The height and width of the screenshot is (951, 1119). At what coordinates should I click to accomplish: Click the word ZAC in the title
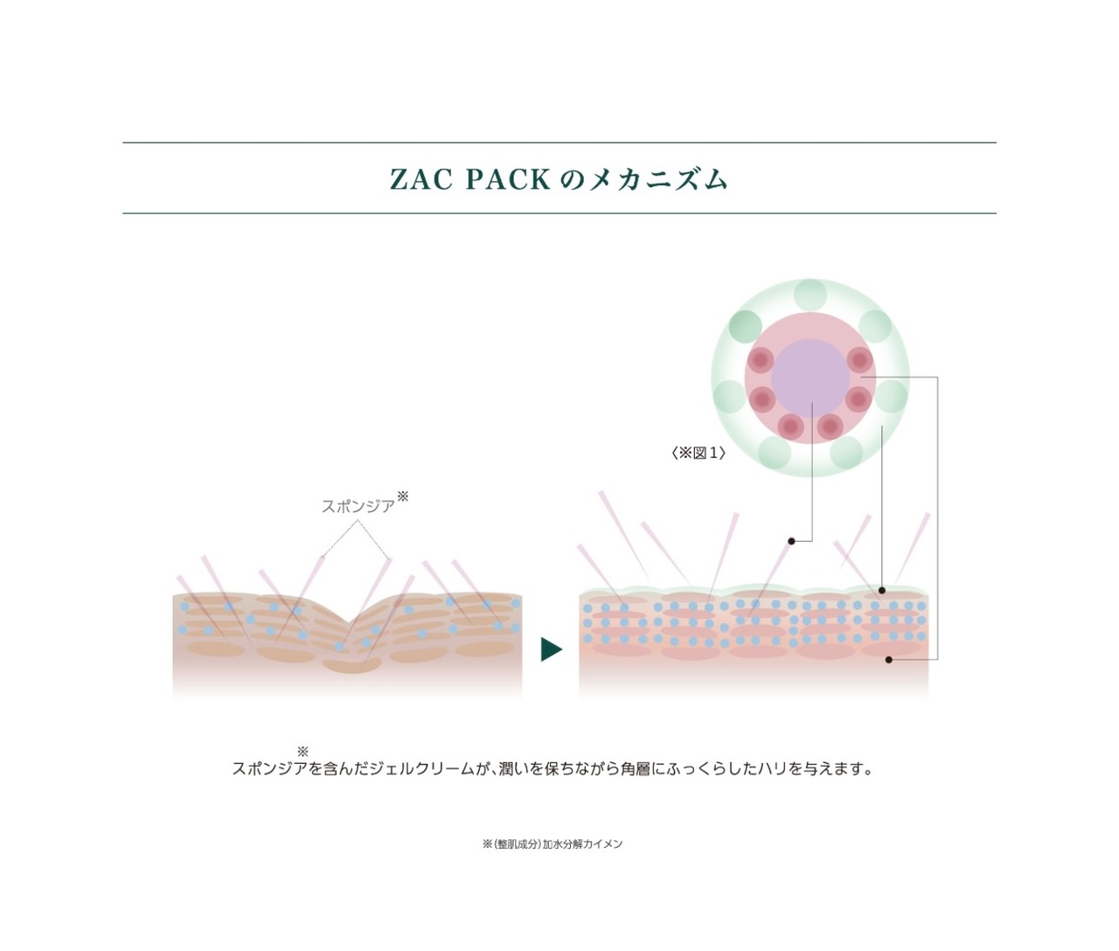click(x=421, y=179)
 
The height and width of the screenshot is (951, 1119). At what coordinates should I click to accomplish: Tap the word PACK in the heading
click(x=508, y=179)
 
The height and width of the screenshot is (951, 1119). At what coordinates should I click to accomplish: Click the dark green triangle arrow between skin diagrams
click(x=551, y=649)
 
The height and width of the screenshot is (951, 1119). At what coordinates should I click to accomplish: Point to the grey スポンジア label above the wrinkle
click(x=358, y=506)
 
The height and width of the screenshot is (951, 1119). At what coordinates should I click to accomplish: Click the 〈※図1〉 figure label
click(x=699, y=453)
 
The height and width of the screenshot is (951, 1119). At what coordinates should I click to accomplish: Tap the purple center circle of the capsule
click(x=810, y=378)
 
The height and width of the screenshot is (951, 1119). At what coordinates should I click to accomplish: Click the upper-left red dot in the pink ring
click(x=761, y=359)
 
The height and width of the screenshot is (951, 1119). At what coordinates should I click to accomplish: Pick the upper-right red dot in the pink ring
click(x=859, y=359)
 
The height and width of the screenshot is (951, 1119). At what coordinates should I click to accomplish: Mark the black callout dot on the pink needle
click(x=791, y=541)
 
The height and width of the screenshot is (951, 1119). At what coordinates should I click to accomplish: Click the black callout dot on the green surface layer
click(x=882, y=590)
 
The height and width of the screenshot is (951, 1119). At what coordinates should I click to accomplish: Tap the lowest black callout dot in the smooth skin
click(x=889, y=659)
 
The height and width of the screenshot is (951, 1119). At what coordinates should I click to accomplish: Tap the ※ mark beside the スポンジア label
click(x=403, y=496)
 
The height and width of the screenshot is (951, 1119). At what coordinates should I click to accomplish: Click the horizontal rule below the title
click(x=559, y=213)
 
